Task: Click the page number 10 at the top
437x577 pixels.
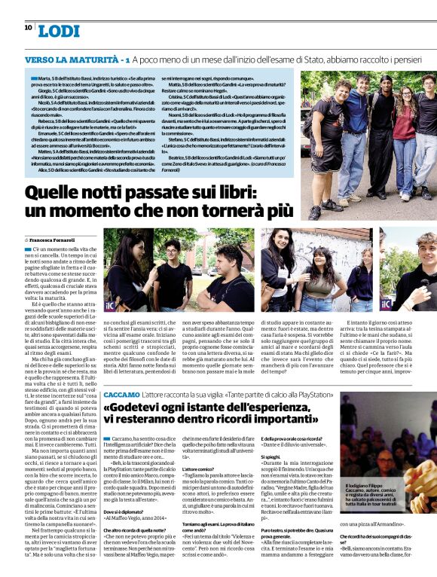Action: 28,27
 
